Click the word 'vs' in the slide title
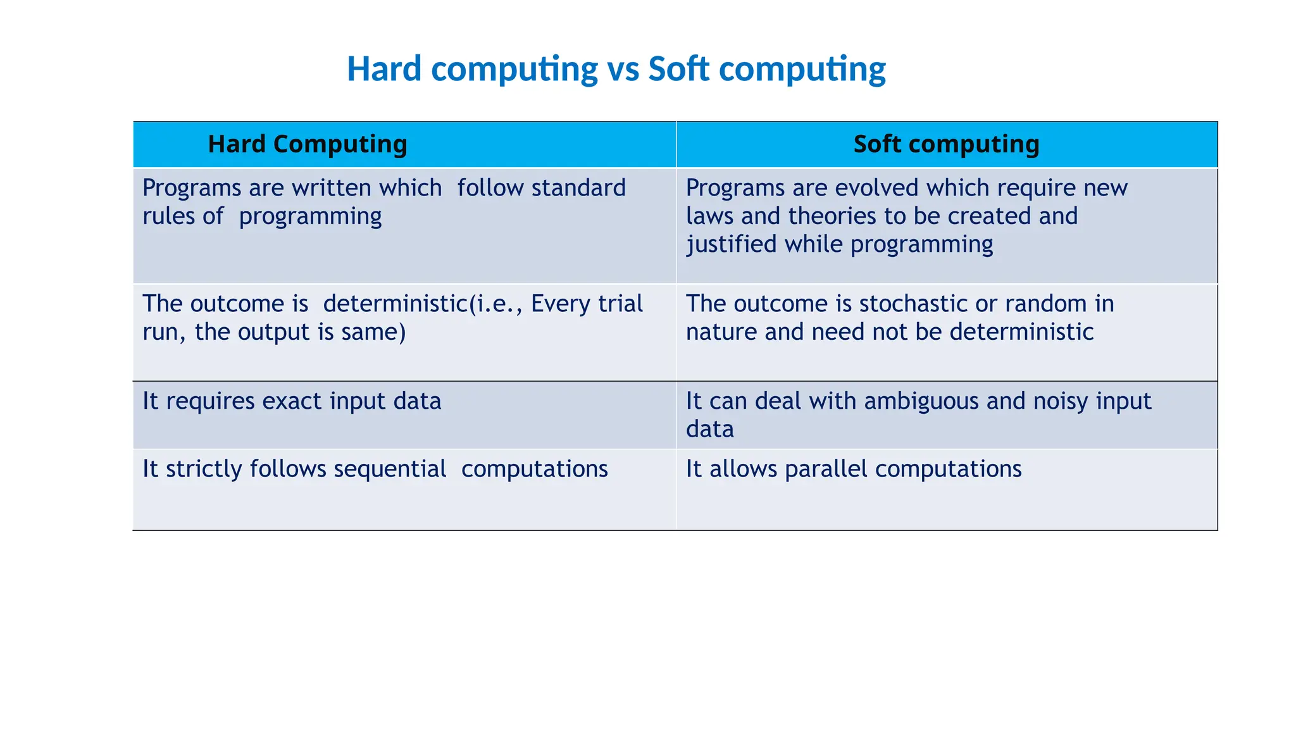(x=623, y=69)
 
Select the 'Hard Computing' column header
(x=308, y=144)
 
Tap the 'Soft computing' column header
(x=946, y=144)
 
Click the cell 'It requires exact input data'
(x=292, y=401)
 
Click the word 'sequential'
(x=390, y=470)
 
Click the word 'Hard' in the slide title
(x=384, y=69)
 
